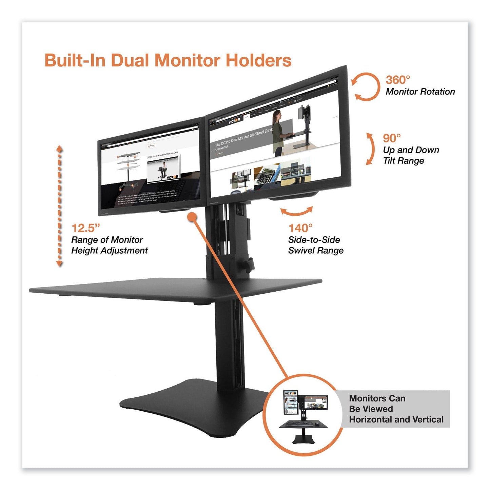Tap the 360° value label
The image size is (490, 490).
click(397, 80)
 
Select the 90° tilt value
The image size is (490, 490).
click(392, 138)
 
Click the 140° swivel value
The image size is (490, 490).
click(300, 228)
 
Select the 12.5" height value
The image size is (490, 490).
click(86, 228)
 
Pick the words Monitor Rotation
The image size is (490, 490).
click(420, 92)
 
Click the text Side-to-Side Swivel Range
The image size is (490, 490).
click(315, 245)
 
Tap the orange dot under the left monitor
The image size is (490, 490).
click(192, 217)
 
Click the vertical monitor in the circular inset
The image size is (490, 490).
click(290, 403)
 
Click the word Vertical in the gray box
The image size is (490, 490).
click(428, 419)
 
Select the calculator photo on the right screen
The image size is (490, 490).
click(267, 175)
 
